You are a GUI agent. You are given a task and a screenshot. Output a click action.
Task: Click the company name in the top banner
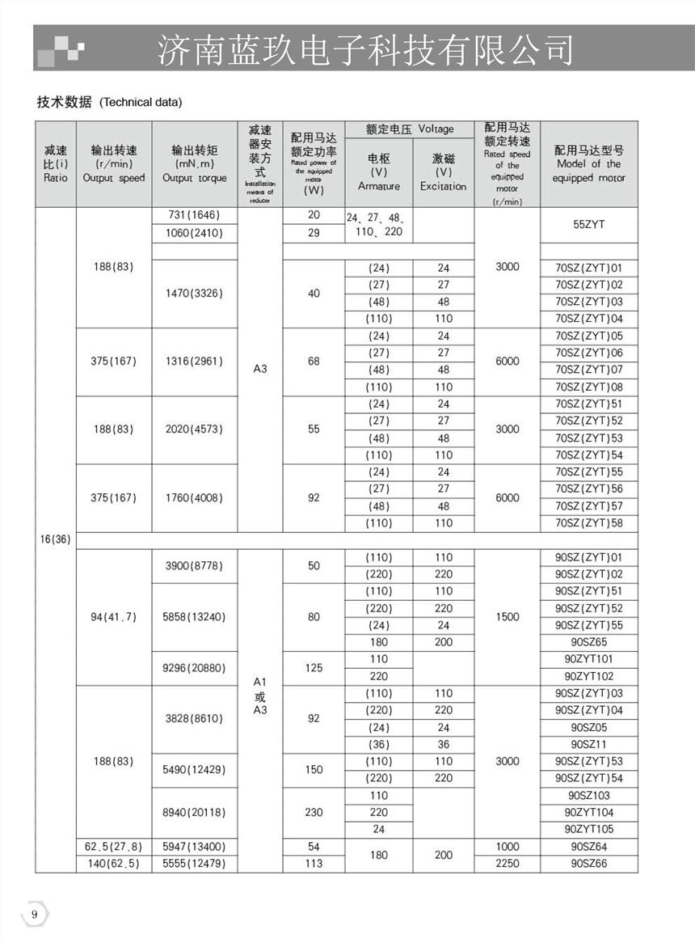[x=364, y=49]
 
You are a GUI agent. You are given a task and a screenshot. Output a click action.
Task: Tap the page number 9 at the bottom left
[x=34, y=914]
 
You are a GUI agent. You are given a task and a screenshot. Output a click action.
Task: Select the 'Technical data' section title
[x=110, y=102]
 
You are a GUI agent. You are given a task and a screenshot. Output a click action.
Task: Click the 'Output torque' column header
[x=194, y=164]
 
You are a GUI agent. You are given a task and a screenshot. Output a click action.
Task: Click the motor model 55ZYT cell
[x=588, y=225]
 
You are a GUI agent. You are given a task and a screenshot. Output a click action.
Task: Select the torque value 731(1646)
[x=194, y=215]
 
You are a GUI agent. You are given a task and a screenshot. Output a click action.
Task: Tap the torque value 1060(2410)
[x=194, y=233]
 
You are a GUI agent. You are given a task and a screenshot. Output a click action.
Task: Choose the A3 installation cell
[x=259, y=369]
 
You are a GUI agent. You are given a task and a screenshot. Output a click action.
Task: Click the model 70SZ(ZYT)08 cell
[x=588, y=387]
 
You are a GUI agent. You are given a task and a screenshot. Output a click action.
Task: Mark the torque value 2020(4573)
[x=194, y=429]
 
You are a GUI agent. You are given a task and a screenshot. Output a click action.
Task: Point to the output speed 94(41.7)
[x=113, y=617]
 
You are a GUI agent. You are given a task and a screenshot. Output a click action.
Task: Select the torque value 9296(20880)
[x=194, y=668]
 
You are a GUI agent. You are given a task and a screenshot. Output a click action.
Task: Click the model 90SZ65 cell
[x=588, y=642]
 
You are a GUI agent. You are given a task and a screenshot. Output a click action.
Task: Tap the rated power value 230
[x=314, y=812]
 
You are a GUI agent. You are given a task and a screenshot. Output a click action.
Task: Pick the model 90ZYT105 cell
[x=588, y=829]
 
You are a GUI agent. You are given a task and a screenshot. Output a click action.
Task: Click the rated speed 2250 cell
[x=507, y=864]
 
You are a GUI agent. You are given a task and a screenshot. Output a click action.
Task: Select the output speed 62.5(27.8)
[x=113, y=847]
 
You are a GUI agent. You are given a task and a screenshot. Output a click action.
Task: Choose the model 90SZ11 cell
[x=588, y=744]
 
